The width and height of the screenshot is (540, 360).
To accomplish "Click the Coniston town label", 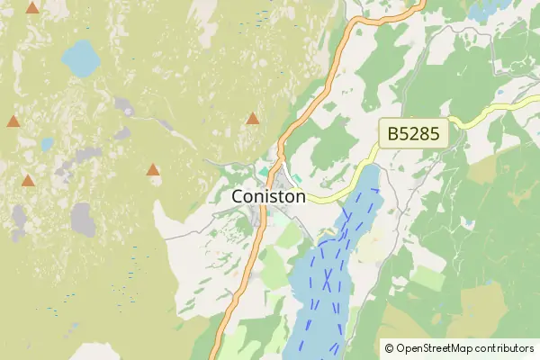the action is click(x=268, y=195).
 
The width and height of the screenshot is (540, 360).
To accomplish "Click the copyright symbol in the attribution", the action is click(x=390, y=348).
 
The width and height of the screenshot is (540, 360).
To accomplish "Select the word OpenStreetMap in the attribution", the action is click(x=436, y=348).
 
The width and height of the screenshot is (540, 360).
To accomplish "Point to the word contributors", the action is click(x=505, y=348).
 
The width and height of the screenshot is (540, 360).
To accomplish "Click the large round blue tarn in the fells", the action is click(x=81, y=58).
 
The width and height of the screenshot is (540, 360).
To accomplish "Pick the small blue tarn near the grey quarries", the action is click(x=47, y=144).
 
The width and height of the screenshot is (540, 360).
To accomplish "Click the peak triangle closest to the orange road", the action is click(x=253, y=118).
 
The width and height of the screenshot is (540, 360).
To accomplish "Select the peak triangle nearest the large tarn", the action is click(x=32, y=8).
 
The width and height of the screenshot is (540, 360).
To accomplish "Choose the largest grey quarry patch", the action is click(x=83, y=219).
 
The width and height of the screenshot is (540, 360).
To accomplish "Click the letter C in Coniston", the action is click(x=238, y=195).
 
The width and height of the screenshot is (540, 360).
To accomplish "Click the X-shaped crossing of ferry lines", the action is click(x=328, y=274).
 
